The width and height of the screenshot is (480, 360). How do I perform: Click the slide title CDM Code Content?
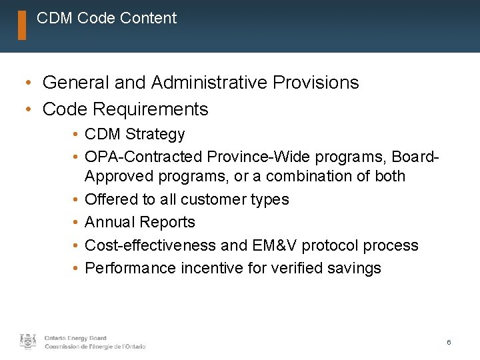pos(107,19)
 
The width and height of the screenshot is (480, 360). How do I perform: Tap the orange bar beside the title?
pos(22,25)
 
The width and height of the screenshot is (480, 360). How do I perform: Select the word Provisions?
pos(313,83)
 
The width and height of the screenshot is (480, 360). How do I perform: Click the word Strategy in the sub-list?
pos(155,135)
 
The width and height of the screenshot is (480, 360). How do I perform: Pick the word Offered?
pos(111,199)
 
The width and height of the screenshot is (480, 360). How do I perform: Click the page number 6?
pos(449,342)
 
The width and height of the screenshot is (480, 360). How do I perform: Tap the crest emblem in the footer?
pos(28,341)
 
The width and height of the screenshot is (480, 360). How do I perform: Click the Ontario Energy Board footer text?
pos(75,338)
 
